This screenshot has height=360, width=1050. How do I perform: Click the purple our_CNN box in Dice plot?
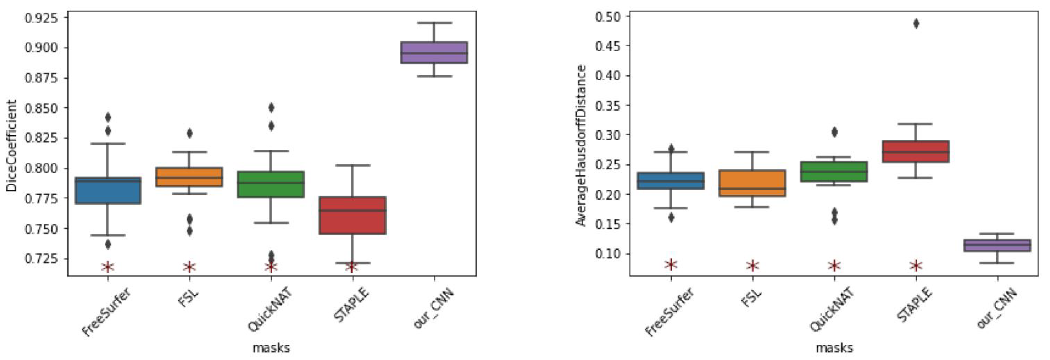(x=434, y=53)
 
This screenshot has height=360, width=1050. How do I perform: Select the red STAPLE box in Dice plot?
(x=352, y=215)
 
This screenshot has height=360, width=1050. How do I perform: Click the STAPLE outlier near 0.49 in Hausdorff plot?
(x=916, y=23)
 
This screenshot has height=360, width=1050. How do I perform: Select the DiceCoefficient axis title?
(x=11, y=145)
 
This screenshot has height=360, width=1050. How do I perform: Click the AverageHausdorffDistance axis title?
(x=581, y=145)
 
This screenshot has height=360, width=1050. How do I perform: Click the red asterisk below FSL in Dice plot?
(x=189, y=267)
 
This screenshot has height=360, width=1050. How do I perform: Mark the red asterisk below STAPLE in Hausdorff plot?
(x=916, y=266)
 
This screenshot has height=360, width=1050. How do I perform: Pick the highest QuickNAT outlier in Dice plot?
(x=271, y=108)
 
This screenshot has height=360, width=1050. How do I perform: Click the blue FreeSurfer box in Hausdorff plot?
(x=671, y=181)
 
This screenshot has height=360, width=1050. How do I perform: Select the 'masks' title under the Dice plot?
(x=271, y=348)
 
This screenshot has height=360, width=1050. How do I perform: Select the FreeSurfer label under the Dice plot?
(x=106, y=312)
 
